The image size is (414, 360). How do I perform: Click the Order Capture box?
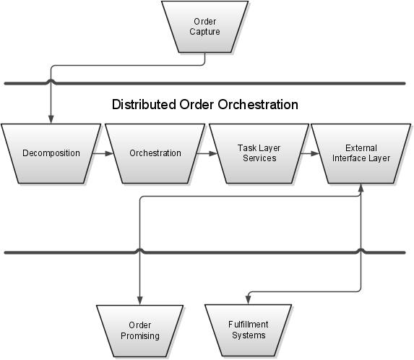coord(205,27)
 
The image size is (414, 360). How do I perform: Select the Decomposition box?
coord(51,153)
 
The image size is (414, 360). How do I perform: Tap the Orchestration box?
coord(155,153)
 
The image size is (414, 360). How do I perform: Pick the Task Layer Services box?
coord(259,153)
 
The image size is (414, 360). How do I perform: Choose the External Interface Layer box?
coord(361,153)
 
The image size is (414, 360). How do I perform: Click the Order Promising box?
coord(139,331)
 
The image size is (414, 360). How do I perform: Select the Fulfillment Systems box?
coord(249,330)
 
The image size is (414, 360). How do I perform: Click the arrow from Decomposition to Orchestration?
coord(103,153)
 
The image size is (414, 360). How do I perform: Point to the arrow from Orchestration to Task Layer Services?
coord(207,153)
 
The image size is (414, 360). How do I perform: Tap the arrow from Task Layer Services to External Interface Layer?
coord(310,153)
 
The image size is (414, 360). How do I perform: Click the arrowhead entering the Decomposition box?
coord(51,119)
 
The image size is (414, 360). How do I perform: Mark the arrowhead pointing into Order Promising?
coord(139,301)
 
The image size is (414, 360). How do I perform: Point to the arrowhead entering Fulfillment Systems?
coord(249,300)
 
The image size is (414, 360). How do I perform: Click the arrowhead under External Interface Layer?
coord(361,188)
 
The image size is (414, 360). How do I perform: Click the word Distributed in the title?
coord(144,104)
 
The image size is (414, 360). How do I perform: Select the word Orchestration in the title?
coord(258,104)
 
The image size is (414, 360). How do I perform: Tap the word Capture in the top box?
coord(205,32)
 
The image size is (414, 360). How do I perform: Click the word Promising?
coord(140,336)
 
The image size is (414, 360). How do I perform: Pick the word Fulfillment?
coord(249,325)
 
